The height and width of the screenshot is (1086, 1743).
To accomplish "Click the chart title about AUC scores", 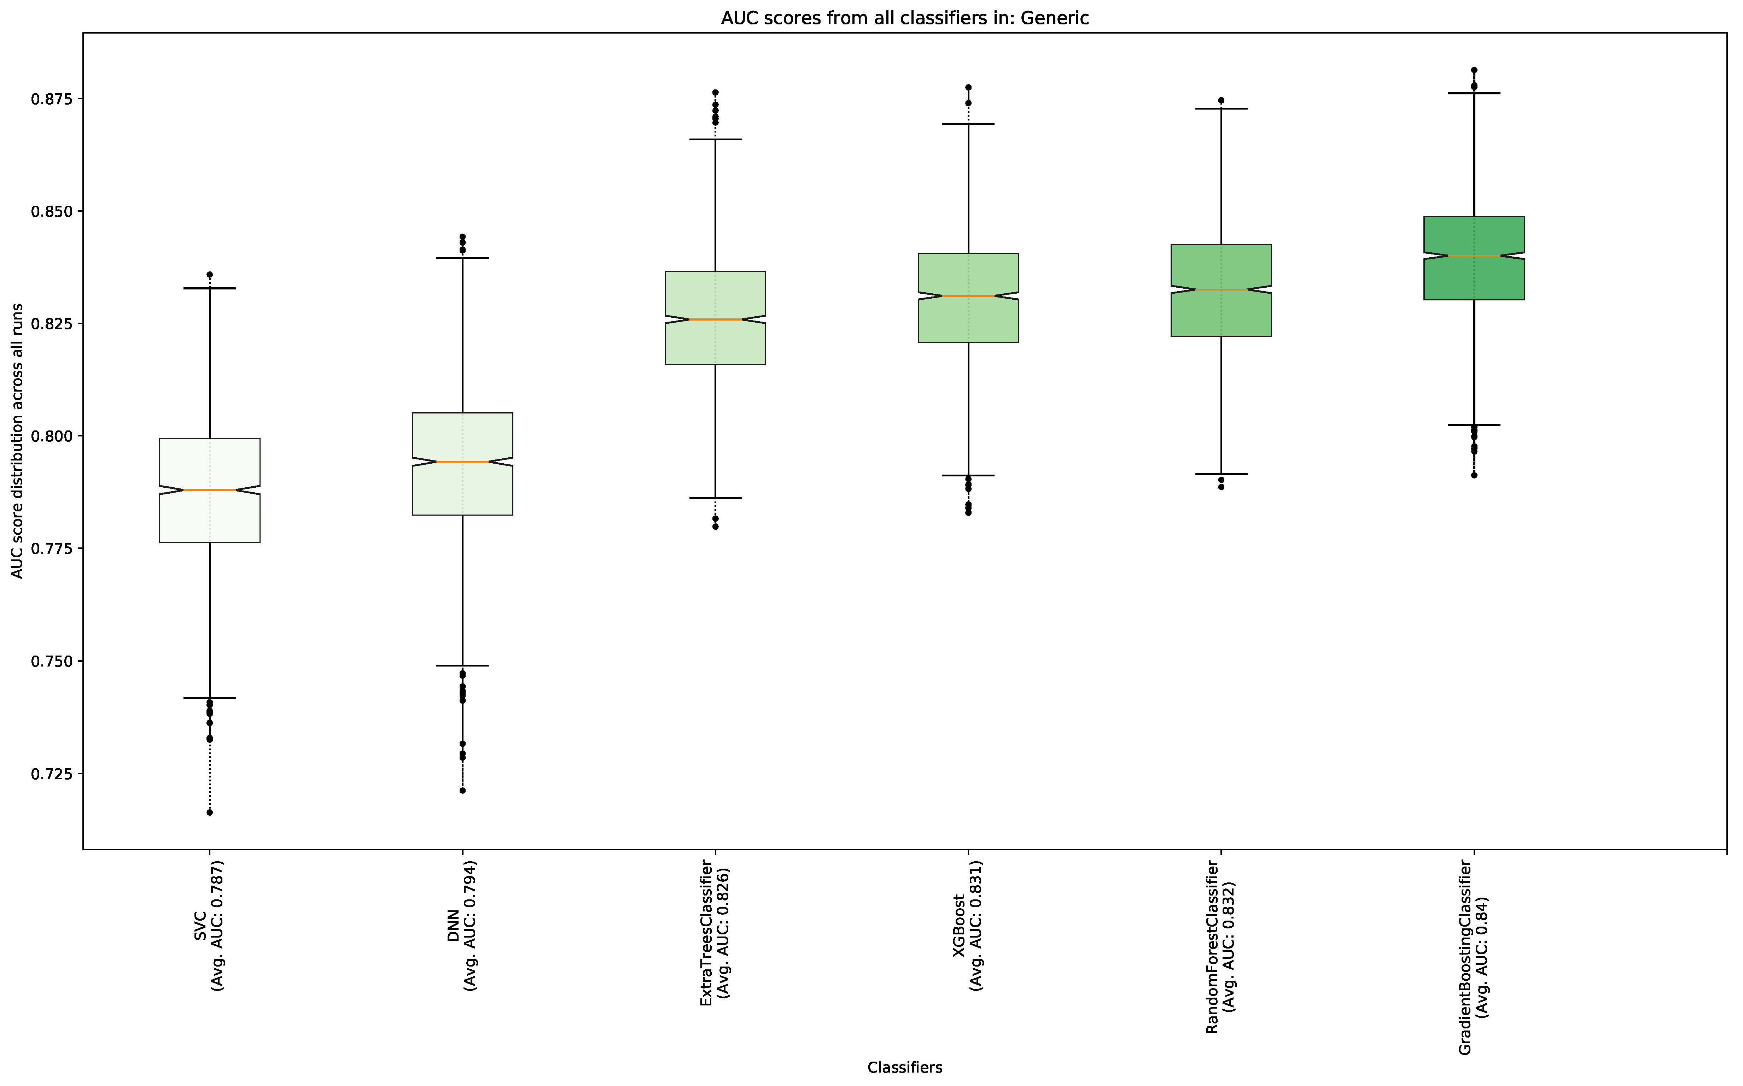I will tap(904, 18).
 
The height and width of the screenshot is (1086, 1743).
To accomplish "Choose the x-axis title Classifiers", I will tap(904, 1067).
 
